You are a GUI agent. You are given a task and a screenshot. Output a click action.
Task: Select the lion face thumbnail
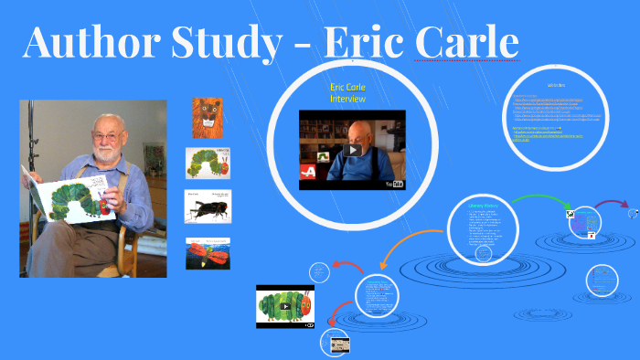click(208, 118)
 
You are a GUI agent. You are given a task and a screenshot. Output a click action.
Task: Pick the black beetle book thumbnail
click(208, 206)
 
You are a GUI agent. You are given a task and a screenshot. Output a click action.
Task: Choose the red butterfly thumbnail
click(208, 253)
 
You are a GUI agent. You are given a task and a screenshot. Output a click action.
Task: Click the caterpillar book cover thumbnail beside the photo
click(208, 163)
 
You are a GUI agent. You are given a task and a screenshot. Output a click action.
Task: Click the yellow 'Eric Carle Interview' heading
click(347, 92)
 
